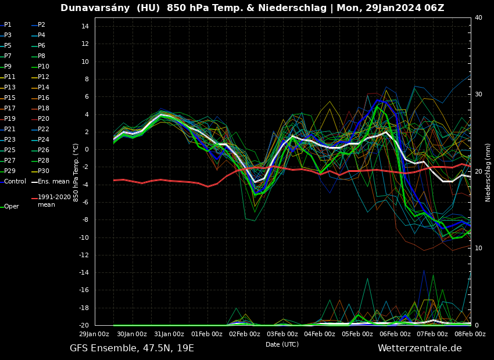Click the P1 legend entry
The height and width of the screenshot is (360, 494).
pos(8,25)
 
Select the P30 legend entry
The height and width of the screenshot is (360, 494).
pos(44,171)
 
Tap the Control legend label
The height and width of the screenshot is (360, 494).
pos(15,182)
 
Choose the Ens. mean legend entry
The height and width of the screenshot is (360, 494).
pos(53,182)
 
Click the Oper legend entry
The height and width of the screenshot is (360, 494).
pos(12,207)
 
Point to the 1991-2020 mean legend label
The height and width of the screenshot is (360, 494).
pos(55,201)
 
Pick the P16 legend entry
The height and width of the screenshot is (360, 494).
pos(44,98)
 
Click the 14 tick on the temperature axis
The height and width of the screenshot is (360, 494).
pos(84,27)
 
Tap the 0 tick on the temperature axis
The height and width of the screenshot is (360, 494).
pos(86,150)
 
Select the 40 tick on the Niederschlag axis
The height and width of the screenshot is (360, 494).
pos(478,18)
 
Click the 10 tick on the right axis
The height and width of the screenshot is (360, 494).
pos(478,249)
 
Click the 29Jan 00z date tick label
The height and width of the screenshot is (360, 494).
pos(94,334)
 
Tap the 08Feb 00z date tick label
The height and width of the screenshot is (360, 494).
pos(470,334)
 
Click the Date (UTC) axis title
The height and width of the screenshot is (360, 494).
pos(282,345)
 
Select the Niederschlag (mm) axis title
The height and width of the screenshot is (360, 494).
pos(488,172)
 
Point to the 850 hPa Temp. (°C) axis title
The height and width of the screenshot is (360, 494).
pos(76,172)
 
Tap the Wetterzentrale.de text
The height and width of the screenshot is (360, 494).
pos(420,348)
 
